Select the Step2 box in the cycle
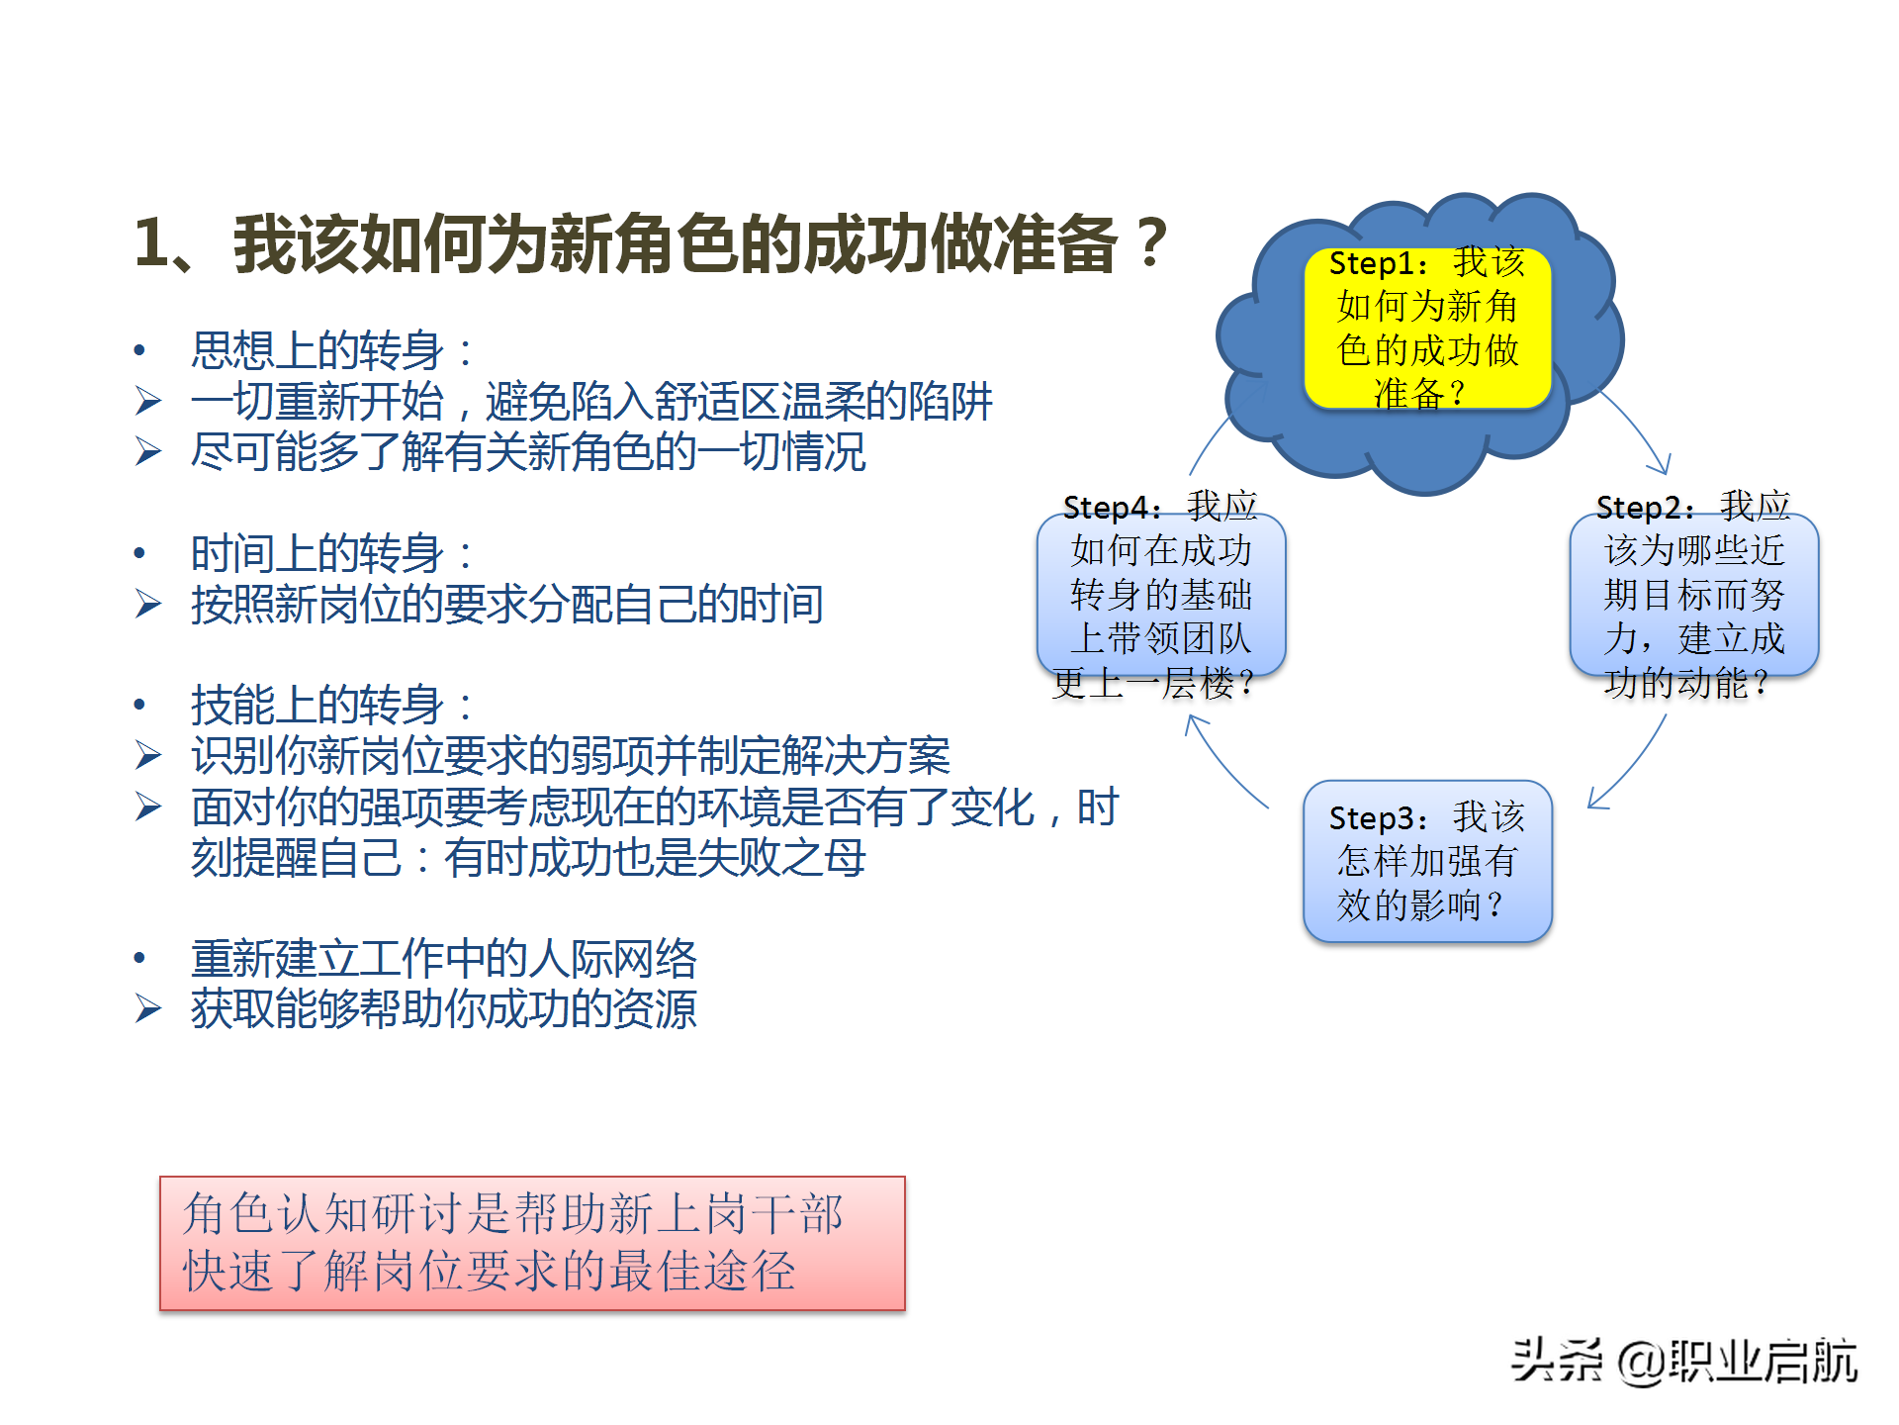[1693, 594]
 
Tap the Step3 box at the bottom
[1427, 861]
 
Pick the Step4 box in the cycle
[1161, 594]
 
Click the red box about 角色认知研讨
[532, 1243]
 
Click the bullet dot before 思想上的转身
[139, 350]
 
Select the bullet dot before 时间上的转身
[139, 553]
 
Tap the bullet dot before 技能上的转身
[139, 705]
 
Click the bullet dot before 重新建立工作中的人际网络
[139, 958]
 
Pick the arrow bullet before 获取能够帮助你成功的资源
[148, 1008]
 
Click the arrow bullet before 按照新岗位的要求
[148, 604]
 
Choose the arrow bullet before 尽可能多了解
[148, 452]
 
